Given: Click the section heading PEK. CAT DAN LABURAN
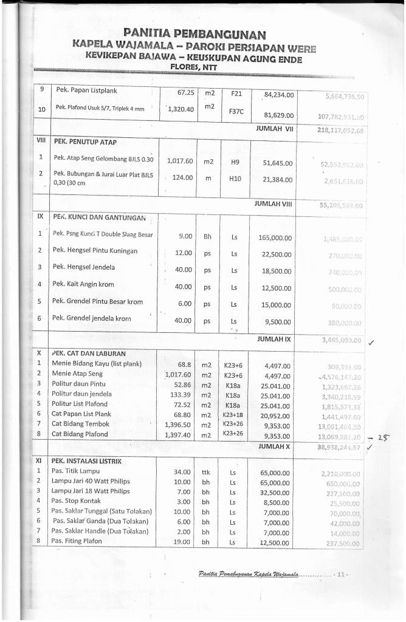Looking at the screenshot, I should click(88, 353).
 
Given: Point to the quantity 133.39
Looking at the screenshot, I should click(178, 394).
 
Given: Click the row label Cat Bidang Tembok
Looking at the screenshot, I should click(80, 423).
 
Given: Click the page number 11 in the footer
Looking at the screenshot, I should click(340, 573).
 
